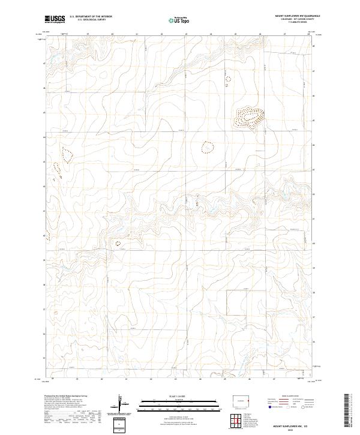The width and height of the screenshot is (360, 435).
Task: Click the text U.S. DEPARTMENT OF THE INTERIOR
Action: click(91, 17)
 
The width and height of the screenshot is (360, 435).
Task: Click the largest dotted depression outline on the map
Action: click(248, 115)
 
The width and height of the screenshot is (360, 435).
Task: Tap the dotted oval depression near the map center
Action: click(208, 146)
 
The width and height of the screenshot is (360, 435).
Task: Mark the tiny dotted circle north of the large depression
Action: click(227, 78)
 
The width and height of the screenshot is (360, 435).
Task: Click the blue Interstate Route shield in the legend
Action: click(270, 407)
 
